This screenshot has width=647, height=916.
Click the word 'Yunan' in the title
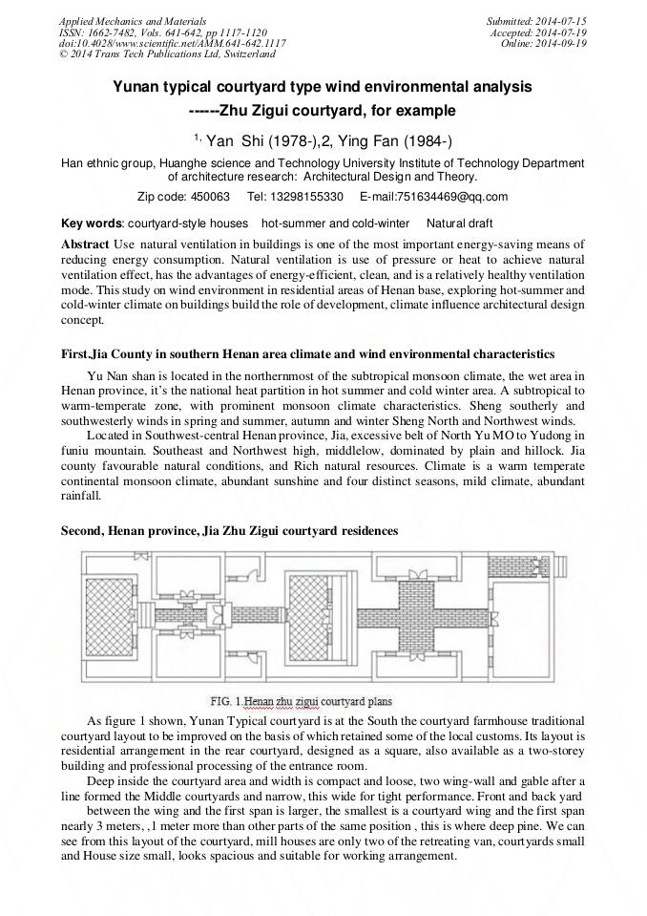tap(137, 87)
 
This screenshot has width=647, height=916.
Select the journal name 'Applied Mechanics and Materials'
tap(118, 20)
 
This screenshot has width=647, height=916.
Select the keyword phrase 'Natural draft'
tap(460, 224)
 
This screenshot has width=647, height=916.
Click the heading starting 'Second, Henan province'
tap(229, 530)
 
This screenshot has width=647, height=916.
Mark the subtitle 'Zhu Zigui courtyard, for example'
tap(338, 110)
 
